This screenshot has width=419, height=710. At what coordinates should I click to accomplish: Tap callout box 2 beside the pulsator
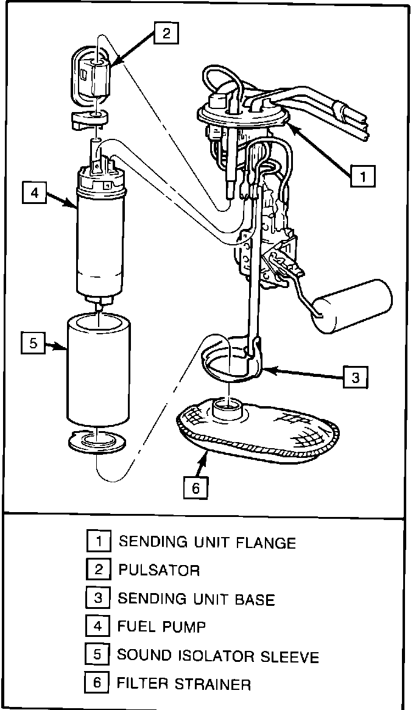(166, 34)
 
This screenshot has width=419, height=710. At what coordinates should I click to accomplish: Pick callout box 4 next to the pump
(34, 193)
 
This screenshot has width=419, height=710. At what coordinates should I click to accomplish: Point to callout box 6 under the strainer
(195, 488)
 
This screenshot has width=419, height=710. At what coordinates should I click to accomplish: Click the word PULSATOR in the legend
(159, 571)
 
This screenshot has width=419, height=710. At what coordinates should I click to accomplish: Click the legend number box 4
(97, 626)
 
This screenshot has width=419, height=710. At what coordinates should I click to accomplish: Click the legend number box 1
(97, 541)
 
